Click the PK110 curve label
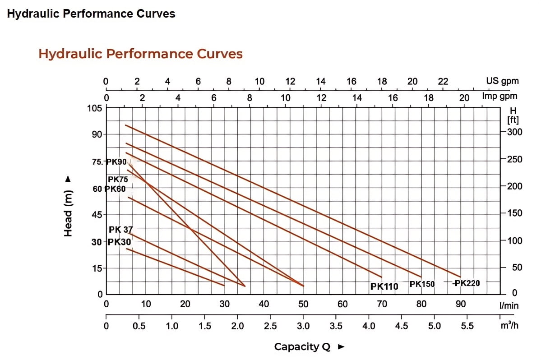384,286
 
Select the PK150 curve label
422,284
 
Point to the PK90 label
116,162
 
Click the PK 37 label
120,230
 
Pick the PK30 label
119,242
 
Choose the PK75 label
118,180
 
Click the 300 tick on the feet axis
514,132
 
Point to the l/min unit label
509,306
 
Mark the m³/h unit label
509,325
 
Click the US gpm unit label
502,81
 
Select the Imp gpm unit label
499,96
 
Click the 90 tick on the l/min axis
460,304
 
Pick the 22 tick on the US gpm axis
443,82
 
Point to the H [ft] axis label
513,115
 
